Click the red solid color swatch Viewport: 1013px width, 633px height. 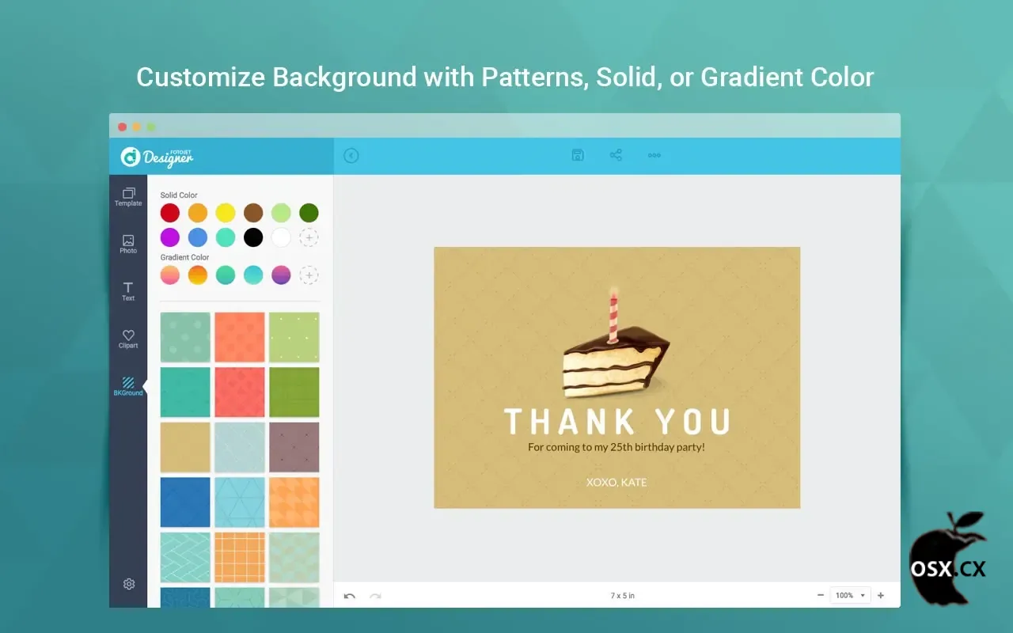pos(170,213)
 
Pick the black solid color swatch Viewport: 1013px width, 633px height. pos(253,237)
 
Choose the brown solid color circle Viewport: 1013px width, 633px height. pos(253,213)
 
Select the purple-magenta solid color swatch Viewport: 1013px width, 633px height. pos(170,237)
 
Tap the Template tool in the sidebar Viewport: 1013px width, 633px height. pos(128,197)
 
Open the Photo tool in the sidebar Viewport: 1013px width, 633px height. pos(128,244)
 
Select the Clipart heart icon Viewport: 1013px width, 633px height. pos(128,335)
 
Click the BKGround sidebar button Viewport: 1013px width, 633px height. pos(128,387)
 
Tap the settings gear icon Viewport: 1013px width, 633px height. pos(129,584)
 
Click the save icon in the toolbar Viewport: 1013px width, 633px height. pos(578,155)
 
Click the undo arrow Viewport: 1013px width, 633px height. pos(350,596)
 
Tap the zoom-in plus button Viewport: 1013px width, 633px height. pos(881,596)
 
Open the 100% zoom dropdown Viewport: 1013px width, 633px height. pos(850,596)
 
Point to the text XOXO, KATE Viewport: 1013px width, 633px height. pos(617,483)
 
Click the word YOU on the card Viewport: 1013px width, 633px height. pos(693,422)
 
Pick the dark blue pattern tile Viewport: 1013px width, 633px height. pos(185,502)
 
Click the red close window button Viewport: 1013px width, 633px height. pos(122,127)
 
